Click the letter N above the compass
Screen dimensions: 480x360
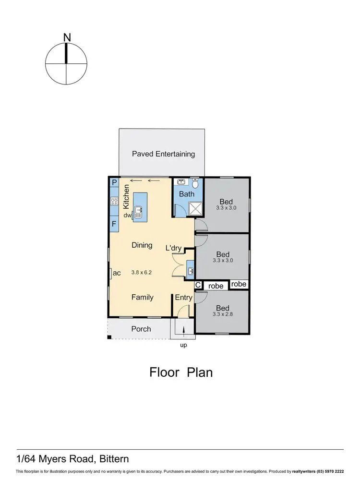coord(67,37)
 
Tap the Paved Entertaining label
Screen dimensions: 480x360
coord(163,154)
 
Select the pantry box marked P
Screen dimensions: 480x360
coord(114,182)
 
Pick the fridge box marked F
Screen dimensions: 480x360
coord(114,224)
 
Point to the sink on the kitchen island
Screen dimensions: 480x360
coord(138,212)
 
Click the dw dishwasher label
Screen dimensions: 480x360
coord(128,216)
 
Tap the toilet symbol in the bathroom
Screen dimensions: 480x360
coord(195,183)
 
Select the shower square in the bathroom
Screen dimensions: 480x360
coord(195,208)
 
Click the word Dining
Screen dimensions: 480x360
coord(142,245)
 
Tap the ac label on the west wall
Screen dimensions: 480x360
coord(117,273)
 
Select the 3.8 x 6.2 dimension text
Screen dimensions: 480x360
coord(142,273)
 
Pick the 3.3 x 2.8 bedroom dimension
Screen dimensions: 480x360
coord(222,315)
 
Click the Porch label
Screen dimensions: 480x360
coord(141,329)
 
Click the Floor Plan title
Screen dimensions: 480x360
coord(181,372)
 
